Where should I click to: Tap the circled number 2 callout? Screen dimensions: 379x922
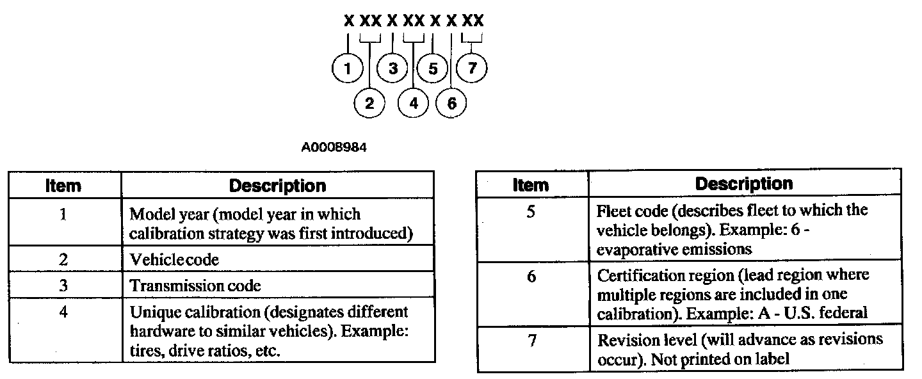(369, 103)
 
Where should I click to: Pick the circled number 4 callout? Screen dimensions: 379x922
(414, 103)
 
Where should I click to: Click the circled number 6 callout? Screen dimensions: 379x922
(452, 103)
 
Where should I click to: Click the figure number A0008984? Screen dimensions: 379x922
(334, 147)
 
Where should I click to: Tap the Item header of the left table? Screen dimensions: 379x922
(64, 186)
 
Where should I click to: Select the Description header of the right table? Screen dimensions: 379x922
(744, 184)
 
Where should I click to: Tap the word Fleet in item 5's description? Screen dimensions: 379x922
(613, 211)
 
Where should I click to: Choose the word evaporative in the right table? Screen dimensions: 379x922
(634, 248)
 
